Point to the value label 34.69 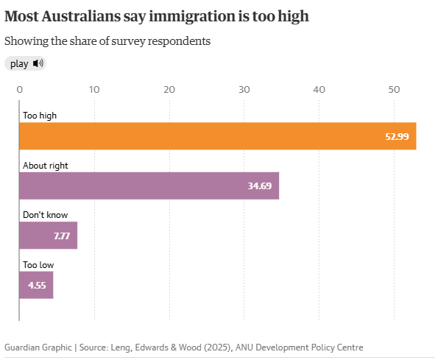tap(260, 186)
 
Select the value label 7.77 tap(62, 236)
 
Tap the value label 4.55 tap(38, 285)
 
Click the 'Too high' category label tap(40, 116)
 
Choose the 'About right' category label tap(46, 166)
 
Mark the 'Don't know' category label tap(45, 215)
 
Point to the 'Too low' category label tap(38, 264)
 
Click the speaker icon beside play tap(38, 63)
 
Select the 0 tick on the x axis tap(20, 90)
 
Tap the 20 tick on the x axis tap(169, 90)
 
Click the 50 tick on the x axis tap(394, 90)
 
